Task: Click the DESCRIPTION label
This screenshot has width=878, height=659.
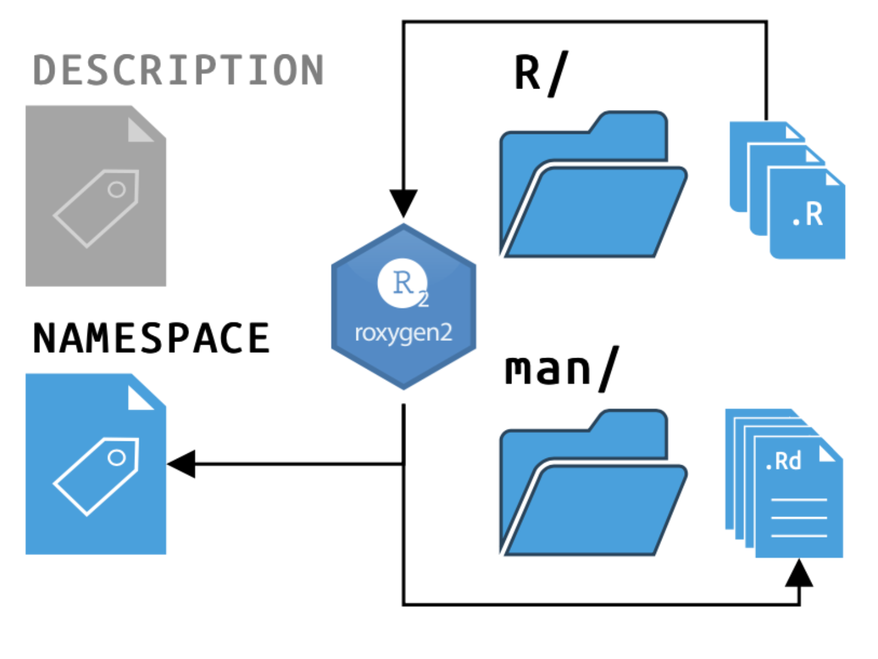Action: point(178,71)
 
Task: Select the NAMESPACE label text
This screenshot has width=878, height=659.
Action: point(151,338)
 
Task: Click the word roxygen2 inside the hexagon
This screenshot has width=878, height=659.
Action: point(404,332)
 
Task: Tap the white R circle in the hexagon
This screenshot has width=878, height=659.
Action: point(403,283)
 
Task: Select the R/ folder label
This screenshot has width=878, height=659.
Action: point(541,73)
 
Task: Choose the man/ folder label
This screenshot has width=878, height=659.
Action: point(561,369)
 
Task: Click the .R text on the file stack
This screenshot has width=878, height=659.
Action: point(807,215)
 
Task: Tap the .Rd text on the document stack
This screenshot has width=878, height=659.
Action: point(784,461)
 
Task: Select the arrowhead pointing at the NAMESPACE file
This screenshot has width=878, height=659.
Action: point(182,464)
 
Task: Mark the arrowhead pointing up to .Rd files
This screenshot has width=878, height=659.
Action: point(799,573)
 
